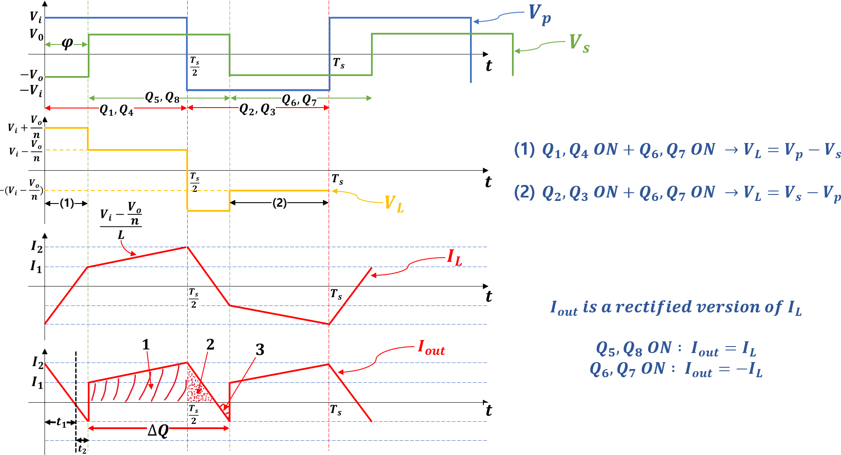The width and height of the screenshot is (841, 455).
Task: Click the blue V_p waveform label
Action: click(539, 15)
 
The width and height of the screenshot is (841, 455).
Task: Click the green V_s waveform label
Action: click(579, 44)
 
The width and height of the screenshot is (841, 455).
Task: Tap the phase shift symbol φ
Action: click(67, 43)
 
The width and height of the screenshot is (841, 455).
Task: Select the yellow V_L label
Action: click(393, 204)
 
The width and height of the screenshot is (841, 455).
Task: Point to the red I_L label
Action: click(454, 258)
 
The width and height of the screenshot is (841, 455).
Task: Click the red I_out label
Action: click(431, 348)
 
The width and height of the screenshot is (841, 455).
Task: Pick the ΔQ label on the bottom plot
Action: click(158, 430)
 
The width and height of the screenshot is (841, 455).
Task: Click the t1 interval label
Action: click(61, 422)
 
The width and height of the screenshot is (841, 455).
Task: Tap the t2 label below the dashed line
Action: click(82, 449)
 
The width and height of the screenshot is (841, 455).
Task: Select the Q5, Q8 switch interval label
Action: click(162, 98)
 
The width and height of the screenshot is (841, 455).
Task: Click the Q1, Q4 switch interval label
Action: click(116, 110)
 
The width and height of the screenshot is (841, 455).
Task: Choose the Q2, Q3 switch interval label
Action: click(257, 110)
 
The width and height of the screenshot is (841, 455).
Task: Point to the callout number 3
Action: click(259, 350)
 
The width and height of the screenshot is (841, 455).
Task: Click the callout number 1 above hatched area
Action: click(146, 345)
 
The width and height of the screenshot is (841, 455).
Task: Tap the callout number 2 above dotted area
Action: click(210, 344)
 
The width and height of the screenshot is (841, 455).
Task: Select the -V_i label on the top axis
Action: click(32, 91)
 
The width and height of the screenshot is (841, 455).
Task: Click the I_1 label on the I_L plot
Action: click(36, 267)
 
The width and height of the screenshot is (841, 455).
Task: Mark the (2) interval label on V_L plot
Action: click(279, 203)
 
